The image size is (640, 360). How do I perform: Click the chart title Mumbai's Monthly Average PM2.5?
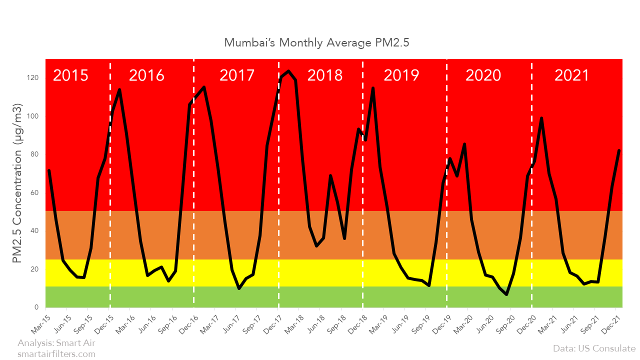(316, 42)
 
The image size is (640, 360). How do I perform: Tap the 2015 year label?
(70, 75)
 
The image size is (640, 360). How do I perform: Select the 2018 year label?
(324, 75)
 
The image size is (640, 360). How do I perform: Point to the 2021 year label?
(572, 75)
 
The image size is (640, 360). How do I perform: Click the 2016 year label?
(146, 75)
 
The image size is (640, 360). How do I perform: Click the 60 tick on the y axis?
(34, 192)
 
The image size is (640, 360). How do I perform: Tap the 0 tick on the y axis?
(36, 307)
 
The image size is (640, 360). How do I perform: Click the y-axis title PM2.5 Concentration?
(17, 183)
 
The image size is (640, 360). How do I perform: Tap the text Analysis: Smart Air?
(56, 343)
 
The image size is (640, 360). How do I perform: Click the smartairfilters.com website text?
(56, 353)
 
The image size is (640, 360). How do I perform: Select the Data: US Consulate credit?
(594, 348)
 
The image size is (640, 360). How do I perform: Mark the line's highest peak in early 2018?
(288, 71)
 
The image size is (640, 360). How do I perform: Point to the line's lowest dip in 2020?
(506, 294)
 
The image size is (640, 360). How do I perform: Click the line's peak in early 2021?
(541, 118)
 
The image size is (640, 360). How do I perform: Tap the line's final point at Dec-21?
(619, 150)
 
